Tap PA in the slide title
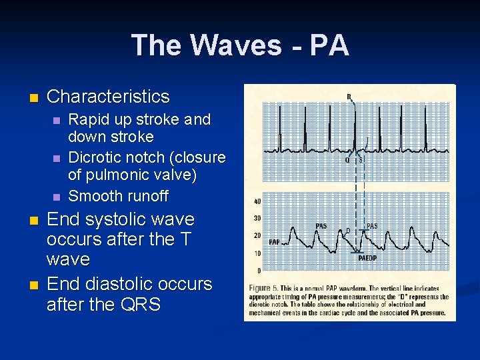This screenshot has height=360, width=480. pyautogui.click(x=329, y=45)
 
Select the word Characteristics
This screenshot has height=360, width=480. pyautogui.click(x=108, y=97)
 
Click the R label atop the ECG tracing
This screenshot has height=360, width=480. pyautogui.click(x=349, y=97)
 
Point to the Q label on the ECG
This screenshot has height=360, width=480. pyautogui.click(x=347, y=160)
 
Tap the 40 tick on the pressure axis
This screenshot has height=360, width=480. pyautogui.click(x=257, y=202)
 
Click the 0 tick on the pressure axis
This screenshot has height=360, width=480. pyautogui.click(x=259, y=271)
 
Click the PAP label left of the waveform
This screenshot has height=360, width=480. pyautogui.click(x=274, y=242)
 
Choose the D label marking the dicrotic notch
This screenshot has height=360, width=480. pyautogui.click(x=348, y=231)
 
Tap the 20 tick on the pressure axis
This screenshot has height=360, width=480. pyautogui.click(x=257, y=236)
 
